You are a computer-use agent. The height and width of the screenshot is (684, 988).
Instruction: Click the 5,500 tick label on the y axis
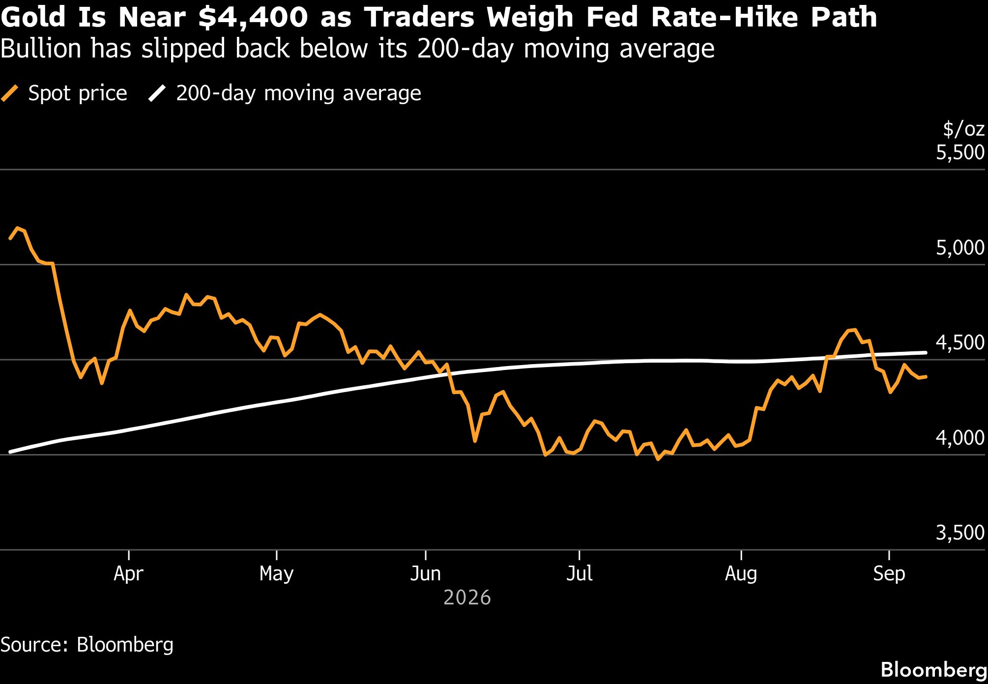click(x=960, y=153)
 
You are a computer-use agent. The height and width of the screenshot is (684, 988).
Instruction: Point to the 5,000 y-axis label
click(x=960, y=248)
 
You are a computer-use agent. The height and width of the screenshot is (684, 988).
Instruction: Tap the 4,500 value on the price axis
click(x=960, y=343)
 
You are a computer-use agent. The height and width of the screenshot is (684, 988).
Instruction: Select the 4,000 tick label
click(x=960, y=438)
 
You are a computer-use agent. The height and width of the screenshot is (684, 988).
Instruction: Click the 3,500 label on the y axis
click(x=960, y=533)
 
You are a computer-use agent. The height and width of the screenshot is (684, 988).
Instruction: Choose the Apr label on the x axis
click(x=128, y=574)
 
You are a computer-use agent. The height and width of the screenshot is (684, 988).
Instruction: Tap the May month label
click(x=277, y=574)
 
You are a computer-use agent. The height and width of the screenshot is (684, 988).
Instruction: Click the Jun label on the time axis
click(x=425, y=573)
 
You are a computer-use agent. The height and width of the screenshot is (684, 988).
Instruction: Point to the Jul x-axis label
click(x=580, y=573)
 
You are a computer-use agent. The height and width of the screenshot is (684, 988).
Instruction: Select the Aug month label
click(x=741, y=574)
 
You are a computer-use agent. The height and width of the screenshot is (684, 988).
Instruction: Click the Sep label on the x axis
click(x=889, y=574)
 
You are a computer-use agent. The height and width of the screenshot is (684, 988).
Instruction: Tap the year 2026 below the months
click(x=467, y=598)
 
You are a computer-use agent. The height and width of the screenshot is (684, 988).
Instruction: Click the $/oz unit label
click(x=964, y=129)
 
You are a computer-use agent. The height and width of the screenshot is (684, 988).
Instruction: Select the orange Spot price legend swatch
click(x=10, y=93)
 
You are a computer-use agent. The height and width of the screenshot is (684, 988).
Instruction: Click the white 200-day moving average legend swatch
click(x=157, y=93)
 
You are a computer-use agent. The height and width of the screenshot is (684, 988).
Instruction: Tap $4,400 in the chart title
click(x=253, y=18)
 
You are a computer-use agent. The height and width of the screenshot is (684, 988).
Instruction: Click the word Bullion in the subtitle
click(x=41, y=49)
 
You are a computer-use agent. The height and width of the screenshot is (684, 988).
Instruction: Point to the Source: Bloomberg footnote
click(x=87, y=645)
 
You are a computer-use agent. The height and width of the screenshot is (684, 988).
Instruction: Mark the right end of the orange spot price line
click(x=926, y=377)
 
